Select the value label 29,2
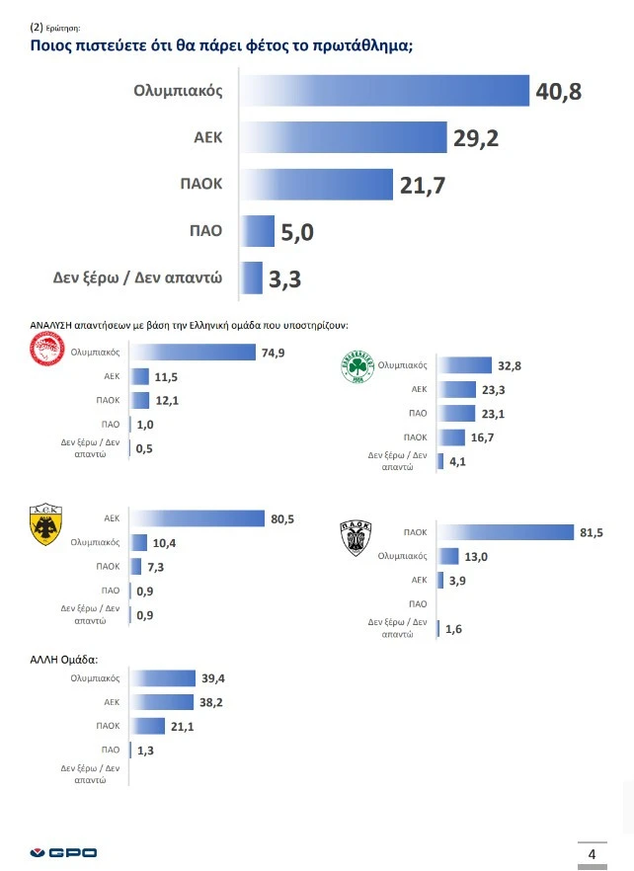click(476, 138)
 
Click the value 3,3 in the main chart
click(284, 279)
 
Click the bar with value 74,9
click(194, 353)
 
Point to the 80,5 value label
click(282, 517)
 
